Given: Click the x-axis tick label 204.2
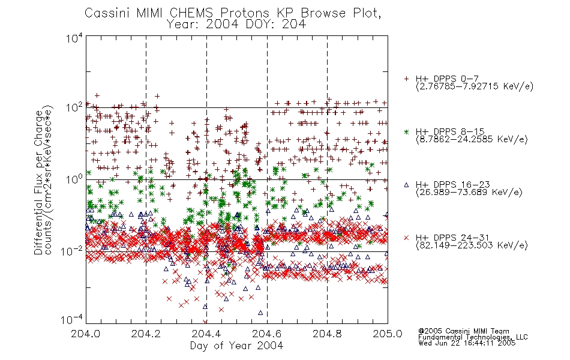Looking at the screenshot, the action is click(x=146, y=334).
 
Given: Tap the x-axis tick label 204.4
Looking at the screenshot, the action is click(x=206, y=334).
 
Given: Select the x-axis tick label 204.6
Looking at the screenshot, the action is click(x=267, y=334).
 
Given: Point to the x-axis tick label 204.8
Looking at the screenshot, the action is click(x=327, y=334).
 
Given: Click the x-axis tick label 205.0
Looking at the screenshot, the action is click(x=388, y=334).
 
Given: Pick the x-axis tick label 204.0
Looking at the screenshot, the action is click(x=85, y=334).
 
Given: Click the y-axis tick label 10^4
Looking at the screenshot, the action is click(x=74, y=38).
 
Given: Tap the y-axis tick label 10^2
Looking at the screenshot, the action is click(x=74, y=108).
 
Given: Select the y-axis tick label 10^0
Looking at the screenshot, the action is click(x=74, y=179).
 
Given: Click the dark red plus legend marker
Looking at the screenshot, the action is click(x=406, y=79).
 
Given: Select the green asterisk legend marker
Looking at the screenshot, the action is click(x=406, y=131).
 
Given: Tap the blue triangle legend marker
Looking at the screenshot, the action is click(x=406, y=185).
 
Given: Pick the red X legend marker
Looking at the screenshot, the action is click(x=406, y=238).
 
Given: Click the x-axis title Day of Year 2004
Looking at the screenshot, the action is click(x=236, y=346).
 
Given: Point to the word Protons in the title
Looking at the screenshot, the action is click(x=244, y=13).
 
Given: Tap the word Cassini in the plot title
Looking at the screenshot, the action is click(x=107, y=13).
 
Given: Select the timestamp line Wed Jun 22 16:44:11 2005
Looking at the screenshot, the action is click(x=467, y=343).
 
